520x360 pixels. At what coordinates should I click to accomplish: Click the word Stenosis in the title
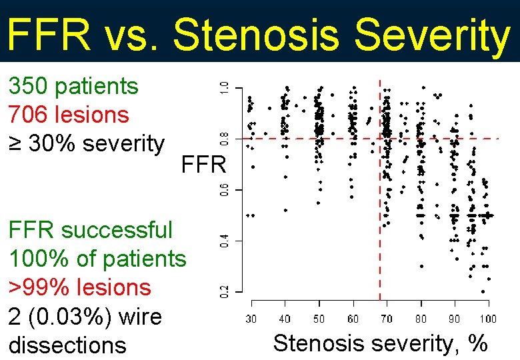pos(256,35)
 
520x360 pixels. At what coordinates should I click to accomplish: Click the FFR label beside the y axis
pos(204,164)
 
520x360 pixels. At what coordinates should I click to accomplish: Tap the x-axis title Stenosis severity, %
pos(381,343)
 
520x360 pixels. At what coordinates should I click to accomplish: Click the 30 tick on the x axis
pos(251,319)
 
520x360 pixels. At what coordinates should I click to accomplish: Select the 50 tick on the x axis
pos(319,319)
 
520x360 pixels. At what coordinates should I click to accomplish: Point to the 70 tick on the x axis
pos(387,319)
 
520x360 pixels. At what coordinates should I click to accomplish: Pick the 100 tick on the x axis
pos(489,319)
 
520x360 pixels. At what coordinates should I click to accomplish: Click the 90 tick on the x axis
pos(455,319)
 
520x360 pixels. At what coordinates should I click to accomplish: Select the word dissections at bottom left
pos(67,345)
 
